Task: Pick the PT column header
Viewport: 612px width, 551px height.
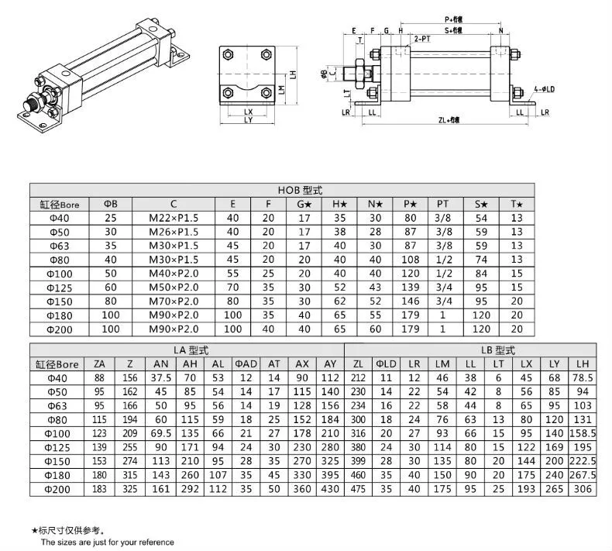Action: (442, 204)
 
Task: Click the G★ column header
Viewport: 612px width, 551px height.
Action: (304, 204)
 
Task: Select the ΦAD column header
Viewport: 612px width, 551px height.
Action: (246, 364)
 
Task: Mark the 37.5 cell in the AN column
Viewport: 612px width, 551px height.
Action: (161, 378)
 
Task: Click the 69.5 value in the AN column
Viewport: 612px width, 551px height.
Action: (161, 432)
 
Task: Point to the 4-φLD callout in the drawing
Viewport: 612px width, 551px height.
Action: (544, 89)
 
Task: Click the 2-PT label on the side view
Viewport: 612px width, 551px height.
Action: (422, 38)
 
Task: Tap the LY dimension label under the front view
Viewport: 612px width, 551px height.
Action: (248, 120)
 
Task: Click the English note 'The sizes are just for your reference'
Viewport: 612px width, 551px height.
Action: (102, 542)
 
